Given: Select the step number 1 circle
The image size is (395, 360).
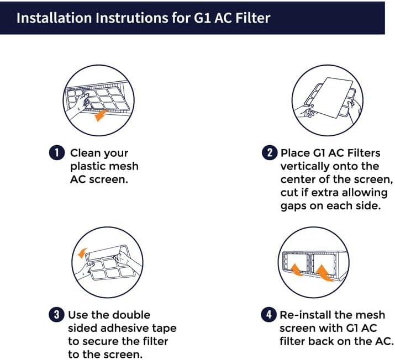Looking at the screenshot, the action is pos(57,153).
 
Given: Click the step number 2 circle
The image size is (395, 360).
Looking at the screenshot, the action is pos(269,153).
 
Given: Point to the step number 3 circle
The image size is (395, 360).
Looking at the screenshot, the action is pos(57,315).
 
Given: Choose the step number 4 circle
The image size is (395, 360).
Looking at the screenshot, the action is pos(269,315).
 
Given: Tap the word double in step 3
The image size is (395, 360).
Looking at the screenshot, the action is pos(131,315).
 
